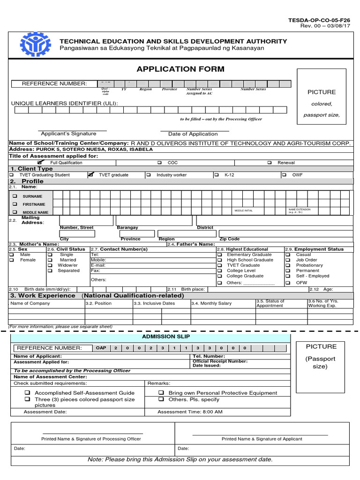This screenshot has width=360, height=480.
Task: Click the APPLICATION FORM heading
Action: tap(180, 69)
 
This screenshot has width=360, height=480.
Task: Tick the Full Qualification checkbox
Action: tap(41, 162)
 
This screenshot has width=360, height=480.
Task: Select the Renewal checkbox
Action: tap(270, 163)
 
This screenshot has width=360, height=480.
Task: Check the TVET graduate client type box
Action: tap(91, 175)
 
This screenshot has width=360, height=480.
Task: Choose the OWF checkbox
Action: tap(285, 175)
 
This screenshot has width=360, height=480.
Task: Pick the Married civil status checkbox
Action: tap(50, 260)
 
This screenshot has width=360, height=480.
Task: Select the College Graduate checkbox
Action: tap(219, 276)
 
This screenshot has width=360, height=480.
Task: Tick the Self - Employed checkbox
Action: tap(287, 276)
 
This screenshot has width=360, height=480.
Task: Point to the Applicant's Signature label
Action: tap(68, 134)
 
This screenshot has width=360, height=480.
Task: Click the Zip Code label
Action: tap(229, 239)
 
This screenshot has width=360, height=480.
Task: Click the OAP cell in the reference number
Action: tap(101, 348)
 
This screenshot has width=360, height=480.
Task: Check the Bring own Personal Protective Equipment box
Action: tap(161, 393)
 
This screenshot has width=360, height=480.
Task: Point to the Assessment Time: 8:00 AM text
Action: tap(190, 412)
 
